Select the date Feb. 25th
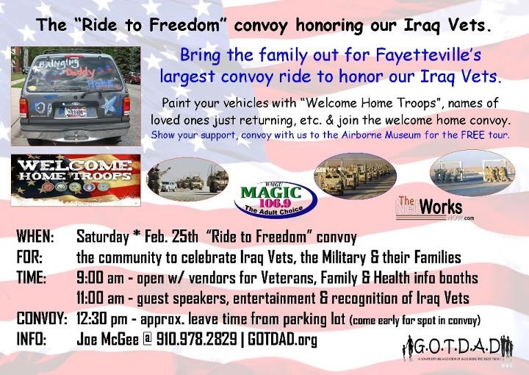tap(165, 237)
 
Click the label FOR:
tap(29, 257)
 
